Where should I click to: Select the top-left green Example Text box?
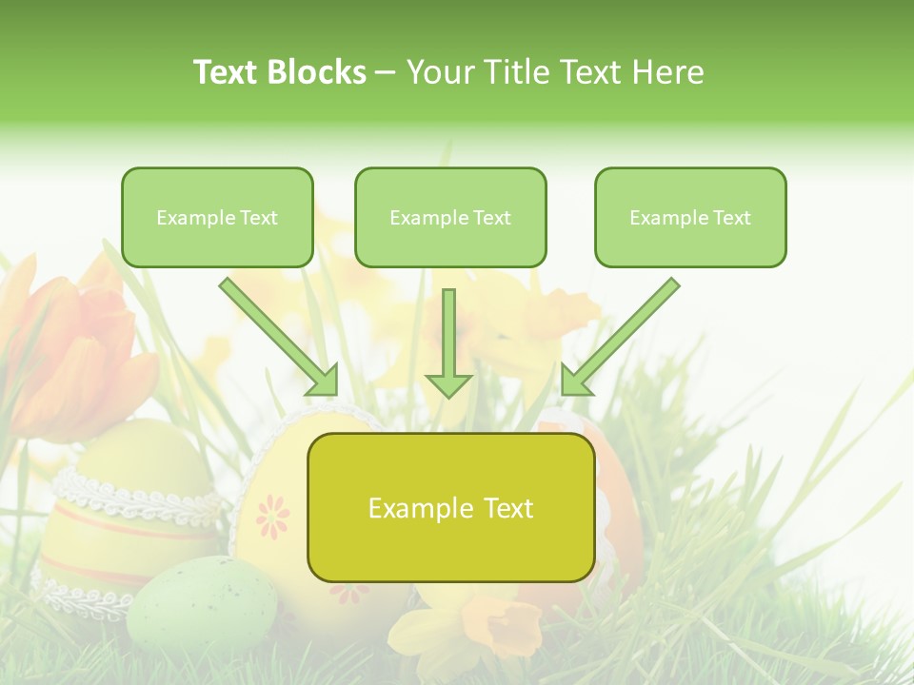pyautogui.click(x=217, y=218)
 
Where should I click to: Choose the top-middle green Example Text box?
pyautogui.click(x=450, y=218)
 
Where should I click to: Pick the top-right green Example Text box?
pyautogui.click(x=690, y=218)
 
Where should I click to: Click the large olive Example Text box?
pyautogui.click(x=450, y=508)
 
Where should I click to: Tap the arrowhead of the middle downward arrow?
pyautogui.click(x=448, y=384)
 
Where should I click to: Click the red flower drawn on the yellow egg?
pyautogui.click(x=273, y=515)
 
